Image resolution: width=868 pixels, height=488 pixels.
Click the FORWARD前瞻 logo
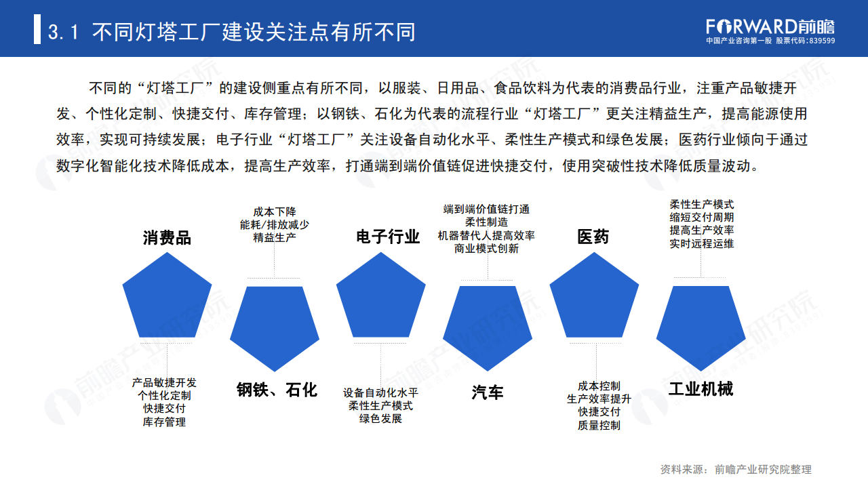(x=770, y=27)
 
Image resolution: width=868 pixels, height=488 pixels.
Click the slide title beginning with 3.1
(x=231, y=32)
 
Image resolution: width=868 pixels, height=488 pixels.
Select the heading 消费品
(x=167, y=238)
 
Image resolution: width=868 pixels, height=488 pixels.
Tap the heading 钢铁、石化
(x=277, y=390)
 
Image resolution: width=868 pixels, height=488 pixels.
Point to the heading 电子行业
(x=388, y=237)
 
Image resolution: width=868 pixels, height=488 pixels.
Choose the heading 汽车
(x=488, y=392)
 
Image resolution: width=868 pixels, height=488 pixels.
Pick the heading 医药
(x=593, y=237)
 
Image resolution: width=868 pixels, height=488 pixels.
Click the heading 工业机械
(x=701, y=389)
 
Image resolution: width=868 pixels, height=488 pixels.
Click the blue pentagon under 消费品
(x=167, y=299)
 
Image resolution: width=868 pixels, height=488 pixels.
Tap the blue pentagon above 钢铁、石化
(x=275, y=325)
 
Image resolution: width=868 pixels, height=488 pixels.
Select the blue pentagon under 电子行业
(x=380, y=298)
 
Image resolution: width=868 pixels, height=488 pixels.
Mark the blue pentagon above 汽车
(x=488, y=325)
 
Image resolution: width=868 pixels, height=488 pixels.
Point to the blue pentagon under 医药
(x=593, y=298)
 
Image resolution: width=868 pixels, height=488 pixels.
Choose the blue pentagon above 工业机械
(x=701, y=325)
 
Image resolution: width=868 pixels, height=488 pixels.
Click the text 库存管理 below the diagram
(x=164, y=422)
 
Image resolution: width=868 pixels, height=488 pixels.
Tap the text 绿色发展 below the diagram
(x=380, y=419)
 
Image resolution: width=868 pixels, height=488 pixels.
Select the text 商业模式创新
(x=486, y=249)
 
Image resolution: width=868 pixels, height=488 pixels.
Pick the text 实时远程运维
(x=701, y=243)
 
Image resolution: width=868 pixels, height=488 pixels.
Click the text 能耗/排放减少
(x=275, y=224)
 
